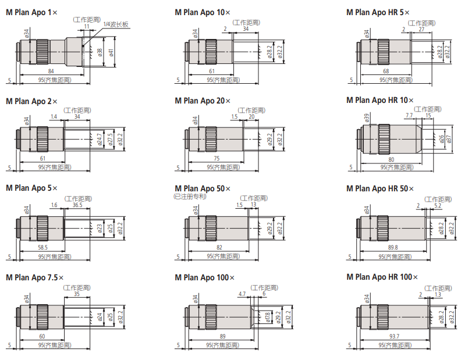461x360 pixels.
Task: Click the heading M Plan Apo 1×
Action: tap(32, 12)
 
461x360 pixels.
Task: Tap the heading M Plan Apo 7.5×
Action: tap(35, 277)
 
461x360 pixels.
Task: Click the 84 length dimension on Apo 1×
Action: tap(51, 71)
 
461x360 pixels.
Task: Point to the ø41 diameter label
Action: tap(111, 52)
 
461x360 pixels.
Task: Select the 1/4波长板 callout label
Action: tap(116, 24)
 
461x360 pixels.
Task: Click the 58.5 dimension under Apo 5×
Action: tap(43, 247)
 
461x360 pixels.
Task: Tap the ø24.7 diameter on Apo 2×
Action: tap(100, 140)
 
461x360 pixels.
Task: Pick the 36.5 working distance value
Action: tap(77, 205)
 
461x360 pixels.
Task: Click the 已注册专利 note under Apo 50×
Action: tap(190, 197)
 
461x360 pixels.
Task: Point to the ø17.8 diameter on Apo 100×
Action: tap(268, 317)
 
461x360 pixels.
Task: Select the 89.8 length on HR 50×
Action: tap(393, 247)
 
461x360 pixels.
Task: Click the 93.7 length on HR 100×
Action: tap(394, 336)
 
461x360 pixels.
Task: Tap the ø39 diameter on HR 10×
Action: tap(367, 118)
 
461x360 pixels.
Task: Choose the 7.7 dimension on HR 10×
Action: tap(409, 115)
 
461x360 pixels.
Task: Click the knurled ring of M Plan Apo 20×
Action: tap(211, 140)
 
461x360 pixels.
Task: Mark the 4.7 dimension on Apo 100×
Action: tap(242, 294)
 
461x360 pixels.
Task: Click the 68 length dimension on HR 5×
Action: tap(386, 71)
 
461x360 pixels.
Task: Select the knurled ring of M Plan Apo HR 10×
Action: tap(384, 140)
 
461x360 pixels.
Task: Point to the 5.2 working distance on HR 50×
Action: tap(438, 205)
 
